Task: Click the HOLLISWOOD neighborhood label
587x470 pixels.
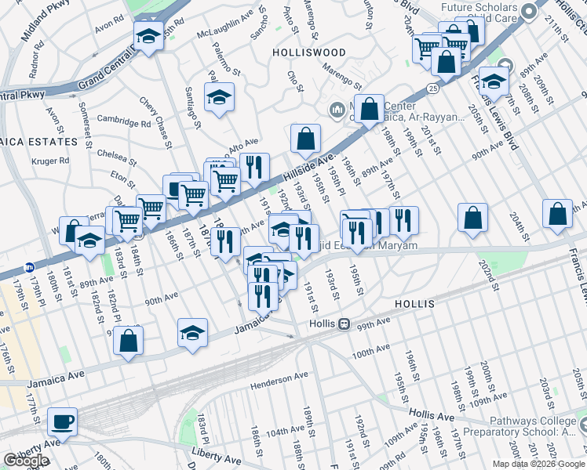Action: click(308, 52)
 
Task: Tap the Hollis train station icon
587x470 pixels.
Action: click(344, 324)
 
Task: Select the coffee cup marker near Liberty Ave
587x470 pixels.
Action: click(62, 421)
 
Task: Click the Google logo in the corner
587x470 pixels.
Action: click(26, 461)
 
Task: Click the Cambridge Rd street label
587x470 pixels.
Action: click(124, 122)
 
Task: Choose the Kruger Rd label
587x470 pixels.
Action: click(50, 161)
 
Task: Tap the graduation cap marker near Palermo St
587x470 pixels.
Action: click(220, 97)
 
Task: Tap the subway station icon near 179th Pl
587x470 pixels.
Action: click(29, 266)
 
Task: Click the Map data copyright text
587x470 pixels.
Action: click(538, 464)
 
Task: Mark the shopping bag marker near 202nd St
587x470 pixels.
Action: click(472, 219)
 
